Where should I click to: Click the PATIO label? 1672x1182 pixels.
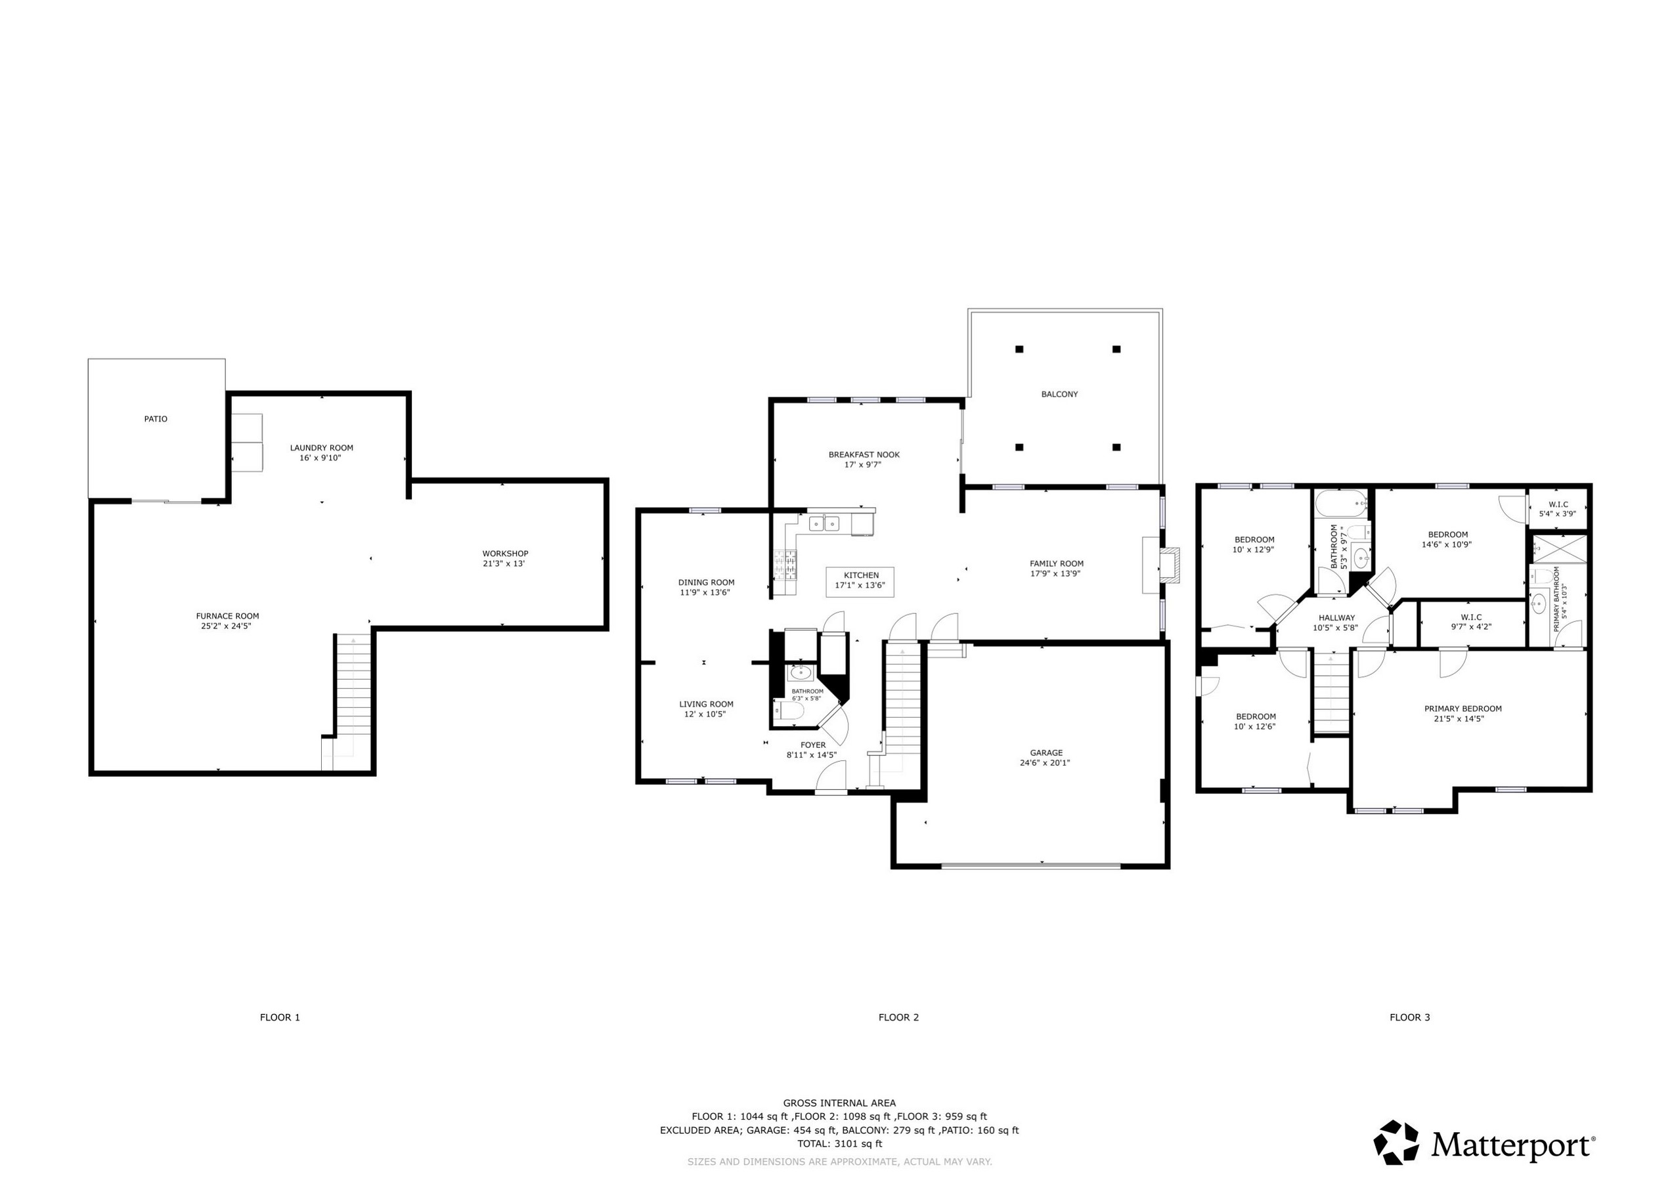(155, 419)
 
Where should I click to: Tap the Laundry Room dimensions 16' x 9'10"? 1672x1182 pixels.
(320, 458)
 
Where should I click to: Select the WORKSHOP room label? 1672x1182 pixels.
(504, 554)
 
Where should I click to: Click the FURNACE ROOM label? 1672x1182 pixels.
(227, 616)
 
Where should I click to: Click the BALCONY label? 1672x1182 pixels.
(1059, 394)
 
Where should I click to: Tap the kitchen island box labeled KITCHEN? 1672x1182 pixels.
(860, 580)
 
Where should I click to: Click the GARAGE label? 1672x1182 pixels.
(1045, 753)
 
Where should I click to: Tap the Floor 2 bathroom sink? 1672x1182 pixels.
(800, 672)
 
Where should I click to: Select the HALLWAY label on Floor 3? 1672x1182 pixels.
(1336, 617)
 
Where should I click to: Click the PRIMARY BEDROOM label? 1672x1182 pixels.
(1463, 709)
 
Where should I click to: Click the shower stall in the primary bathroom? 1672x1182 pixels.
(1558, 548)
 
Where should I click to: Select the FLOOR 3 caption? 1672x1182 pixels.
(1409, 1017)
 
